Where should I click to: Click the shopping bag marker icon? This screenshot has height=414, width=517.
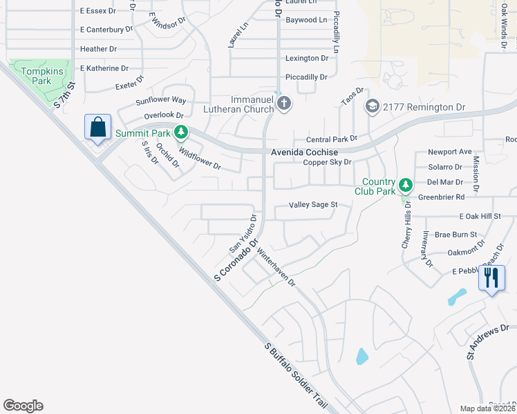(x=97, y=128)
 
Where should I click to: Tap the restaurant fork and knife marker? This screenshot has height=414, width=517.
(x=491, y=279)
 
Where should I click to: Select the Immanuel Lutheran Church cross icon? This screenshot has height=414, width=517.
(x=283, y=103)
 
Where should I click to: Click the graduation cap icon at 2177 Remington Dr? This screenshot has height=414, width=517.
(x=373, y=106)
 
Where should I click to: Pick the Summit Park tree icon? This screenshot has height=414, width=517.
(x=180, y=132)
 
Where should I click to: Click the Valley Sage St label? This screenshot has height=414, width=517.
(x=312, y=205)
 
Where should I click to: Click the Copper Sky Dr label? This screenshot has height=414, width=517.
(x=328, y=163)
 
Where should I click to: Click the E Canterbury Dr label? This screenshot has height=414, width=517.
(x=108, y=30)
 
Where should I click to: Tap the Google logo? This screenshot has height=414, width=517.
(x=23, y=406)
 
